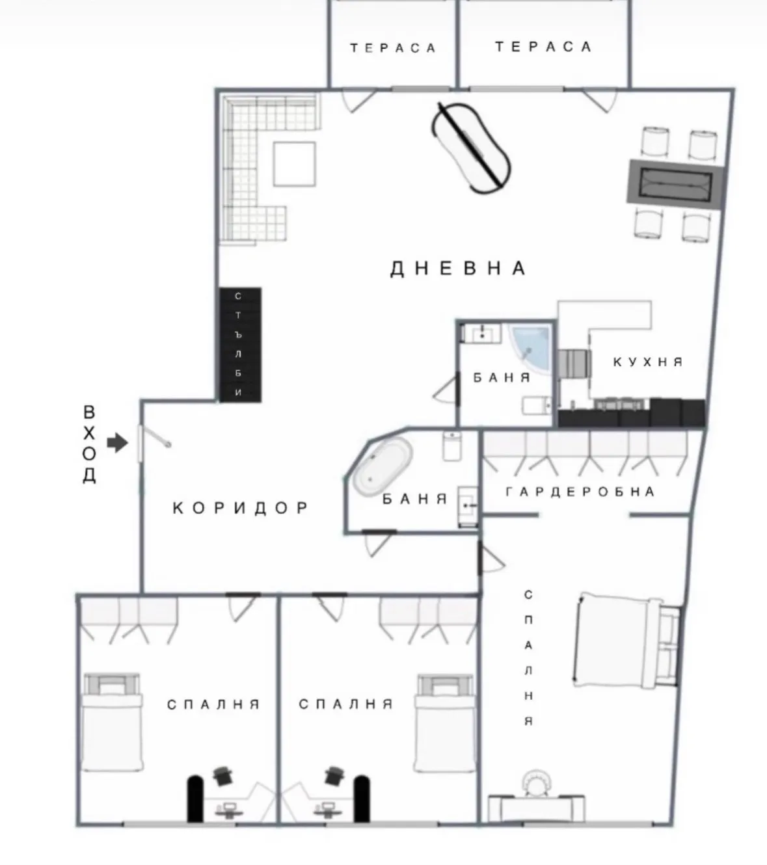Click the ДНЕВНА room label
(x=458, y=268)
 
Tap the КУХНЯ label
(x=648, y=362)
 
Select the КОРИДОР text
(x=241, y=507)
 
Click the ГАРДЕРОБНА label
(x=580, y=492)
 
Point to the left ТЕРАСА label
(x=393, y=48)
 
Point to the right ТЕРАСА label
(x=543, y=47)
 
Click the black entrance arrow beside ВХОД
(x=118, y=444)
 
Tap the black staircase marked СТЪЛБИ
(x=239, y=345)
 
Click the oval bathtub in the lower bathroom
(x=383, y=464)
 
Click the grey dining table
(x=675, y=183)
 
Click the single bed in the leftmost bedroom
(x=112, y=722)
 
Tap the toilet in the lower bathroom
(x=451, y=446)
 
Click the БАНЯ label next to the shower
(x=502, y=377)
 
